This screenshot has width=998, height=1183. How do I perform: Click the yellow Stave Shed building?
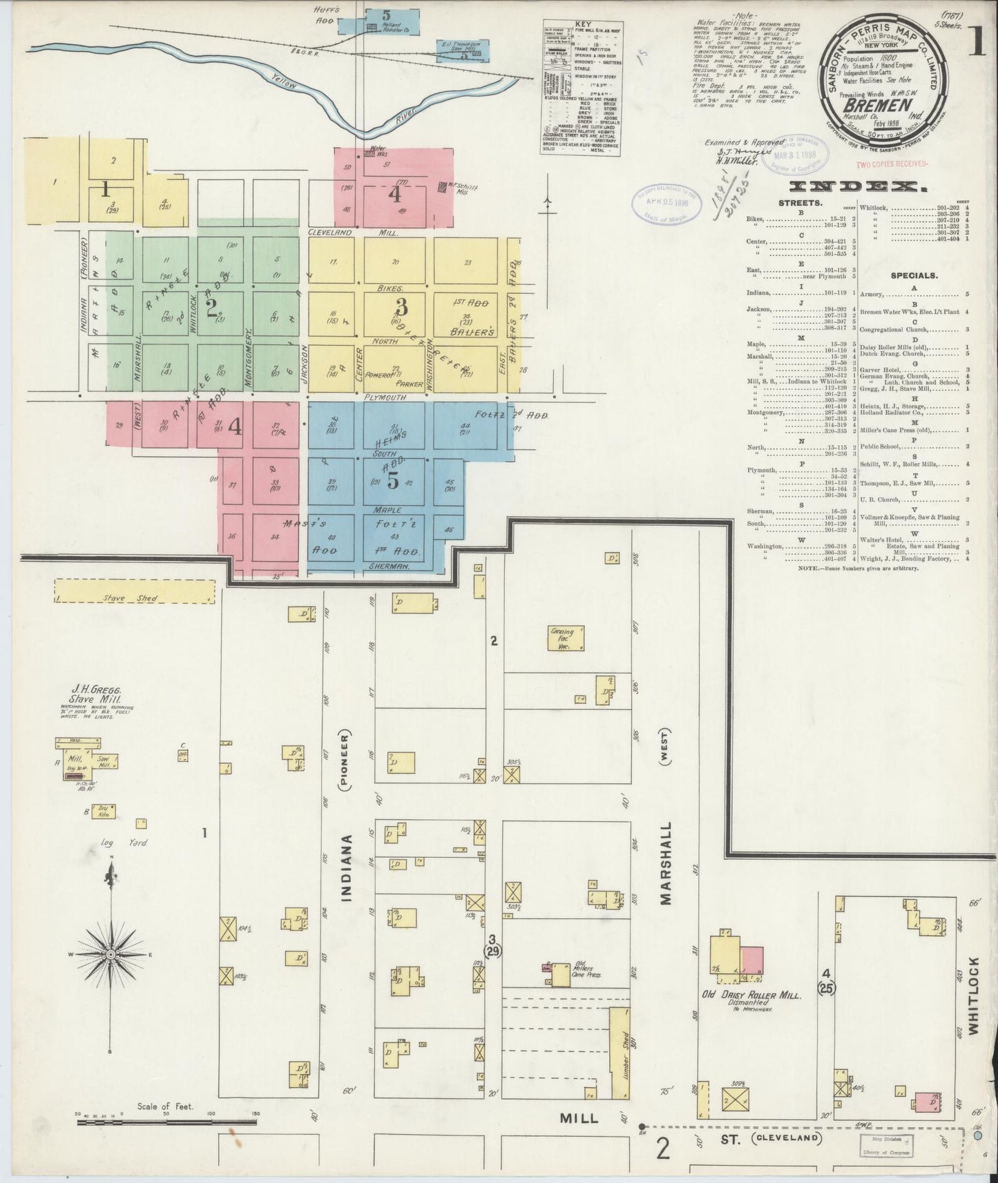click(x=135, y=591)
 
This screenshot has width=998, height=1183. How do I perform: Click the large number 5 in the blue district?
click(x=393, y=481)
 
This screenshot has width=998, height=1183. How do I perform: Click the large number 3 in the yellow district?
click(x=401, y=305)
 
